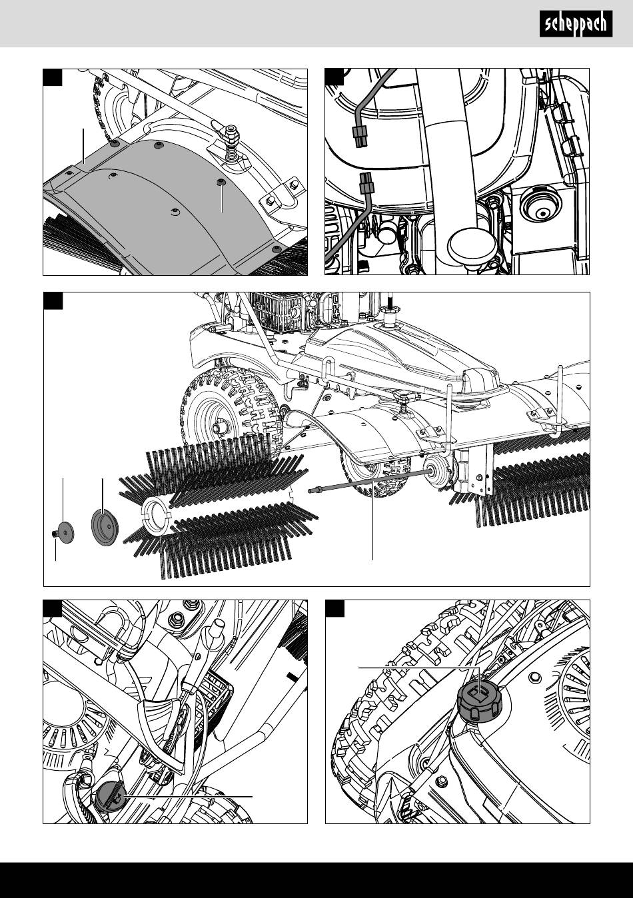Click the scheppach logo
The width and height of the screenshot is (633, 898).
[x=576, y=24]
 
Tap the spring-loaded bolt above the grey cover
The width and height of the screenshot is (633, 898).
[x=231, y=144]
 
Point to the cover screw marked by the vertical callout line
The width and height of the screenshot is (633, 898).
[x=219, y=183]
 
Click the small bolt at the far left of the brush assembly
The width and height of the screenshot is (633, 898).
[x=55, y=534]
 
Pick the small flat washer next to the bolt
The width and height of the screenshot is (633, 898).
[x=66, y=532]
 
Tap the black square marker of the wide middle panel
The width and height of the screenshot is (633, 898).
[x=53, y=300]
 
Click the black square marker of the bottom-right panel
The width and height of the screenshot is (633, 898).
[x=334, y=608]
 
